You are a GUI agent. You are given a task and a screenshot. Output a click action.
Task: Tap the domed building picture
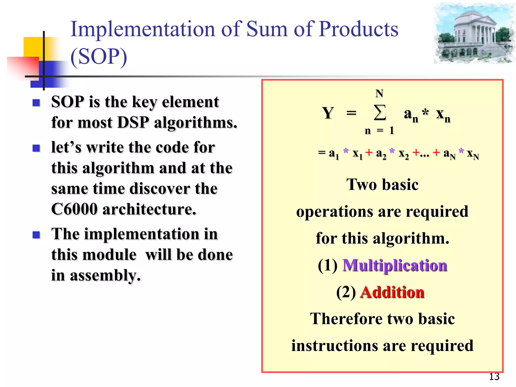(x=474, y=34)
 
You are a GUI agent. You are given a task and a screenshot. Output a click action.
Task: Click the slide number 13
(x=494, y=376)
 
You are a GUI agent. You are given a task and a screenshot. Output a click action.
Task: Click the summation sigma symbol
(x=380, y=113)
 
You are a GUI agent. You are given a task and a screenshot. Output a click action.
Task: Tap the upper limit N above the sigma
(x=379, y=93)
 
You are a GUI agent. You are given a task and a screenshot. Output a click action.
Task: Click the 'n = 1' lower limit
(x=379, y=131)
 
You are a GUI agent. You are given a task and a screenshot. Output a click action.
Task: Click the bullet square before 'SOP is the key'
(x=37, y=103)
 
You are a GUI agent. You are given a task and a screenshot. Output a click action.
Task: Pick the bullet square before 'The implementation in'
(x=37, y=235)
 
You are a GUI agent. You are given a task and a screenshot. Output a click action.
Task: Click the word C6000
(x=74, y=209)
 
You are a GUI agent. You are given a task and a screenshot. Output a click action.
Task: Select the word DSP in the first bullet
(x=133, y=123)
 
